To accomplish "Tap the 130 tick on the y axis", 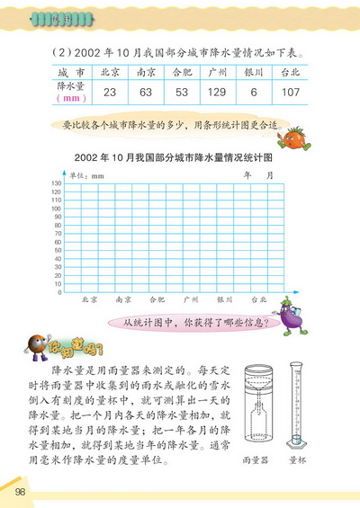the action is (56, 184).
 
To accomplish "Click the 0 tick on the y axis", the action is (58, 292).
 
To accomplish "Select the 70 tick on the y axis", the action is (57, 234).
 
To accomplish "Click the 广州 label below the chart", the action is (191, 300).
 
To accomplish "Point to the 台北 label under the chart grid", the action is (259, 300).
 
